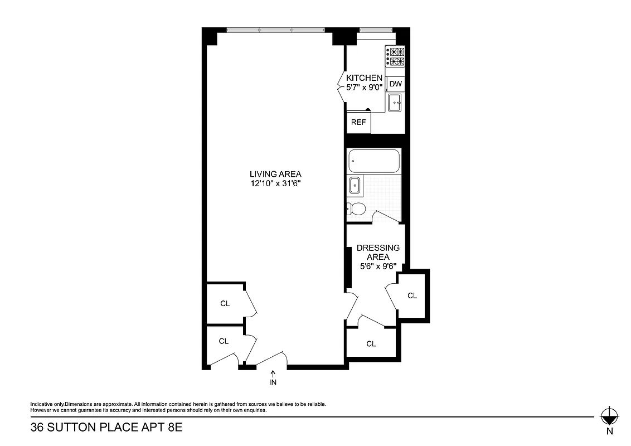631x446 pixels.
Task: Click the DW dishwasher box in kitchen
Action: [395, 84]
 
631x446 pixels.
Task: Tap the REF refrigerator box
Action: [358, 123]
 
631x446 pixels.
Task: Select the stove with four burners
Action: [395, 56]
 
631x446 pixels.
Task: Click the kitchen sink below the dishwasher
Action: [395, 102]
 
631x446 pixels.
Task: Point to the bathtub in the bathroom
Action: [374, 162]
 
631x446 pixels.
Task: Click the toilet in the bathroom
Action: [356, 209]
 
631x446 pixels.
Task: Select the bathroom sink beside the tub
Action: [354, 185]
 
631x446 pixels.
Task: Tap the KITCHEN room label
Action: [364, 78]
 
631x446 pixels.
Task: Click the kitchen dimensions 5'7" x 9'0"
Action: [364, 88]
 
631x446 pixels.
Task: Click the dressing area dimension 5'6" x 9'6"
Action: [378, 266]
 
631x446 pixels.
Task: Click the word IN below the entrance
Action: [273, 382]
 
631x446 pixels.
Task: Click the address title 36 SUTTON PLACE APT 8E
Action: [106, 428]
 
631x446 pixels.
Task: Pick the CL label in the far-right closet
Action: [412, 295]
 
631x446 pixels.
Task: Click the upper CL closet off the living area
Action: [225, 303]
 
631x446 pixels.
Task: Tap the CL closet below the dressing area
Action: [371, 343]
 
